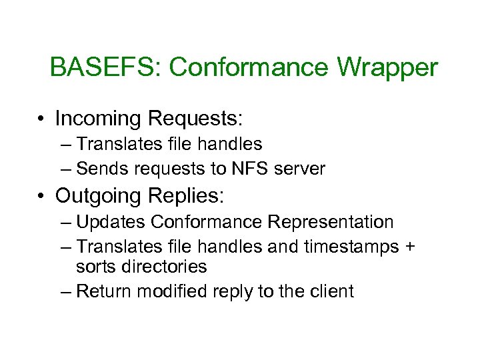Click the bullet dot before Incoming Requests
(x=41, y=119)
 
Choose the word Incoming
(x=99, y=119)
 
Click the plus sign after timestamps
(x=409, y=247)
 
